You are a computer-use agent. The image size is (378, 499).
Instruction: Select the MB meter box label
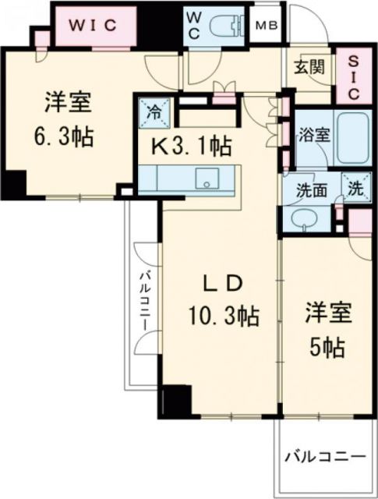point(269,26)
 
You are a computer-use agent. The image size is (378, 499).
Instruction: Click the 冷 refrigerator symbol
point(155,111)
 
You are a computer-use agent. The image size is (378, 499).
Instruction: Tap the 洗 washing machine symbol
point(355,188)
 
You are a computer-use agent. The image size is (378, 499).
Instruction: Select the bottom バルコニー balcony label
point(324,455)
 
